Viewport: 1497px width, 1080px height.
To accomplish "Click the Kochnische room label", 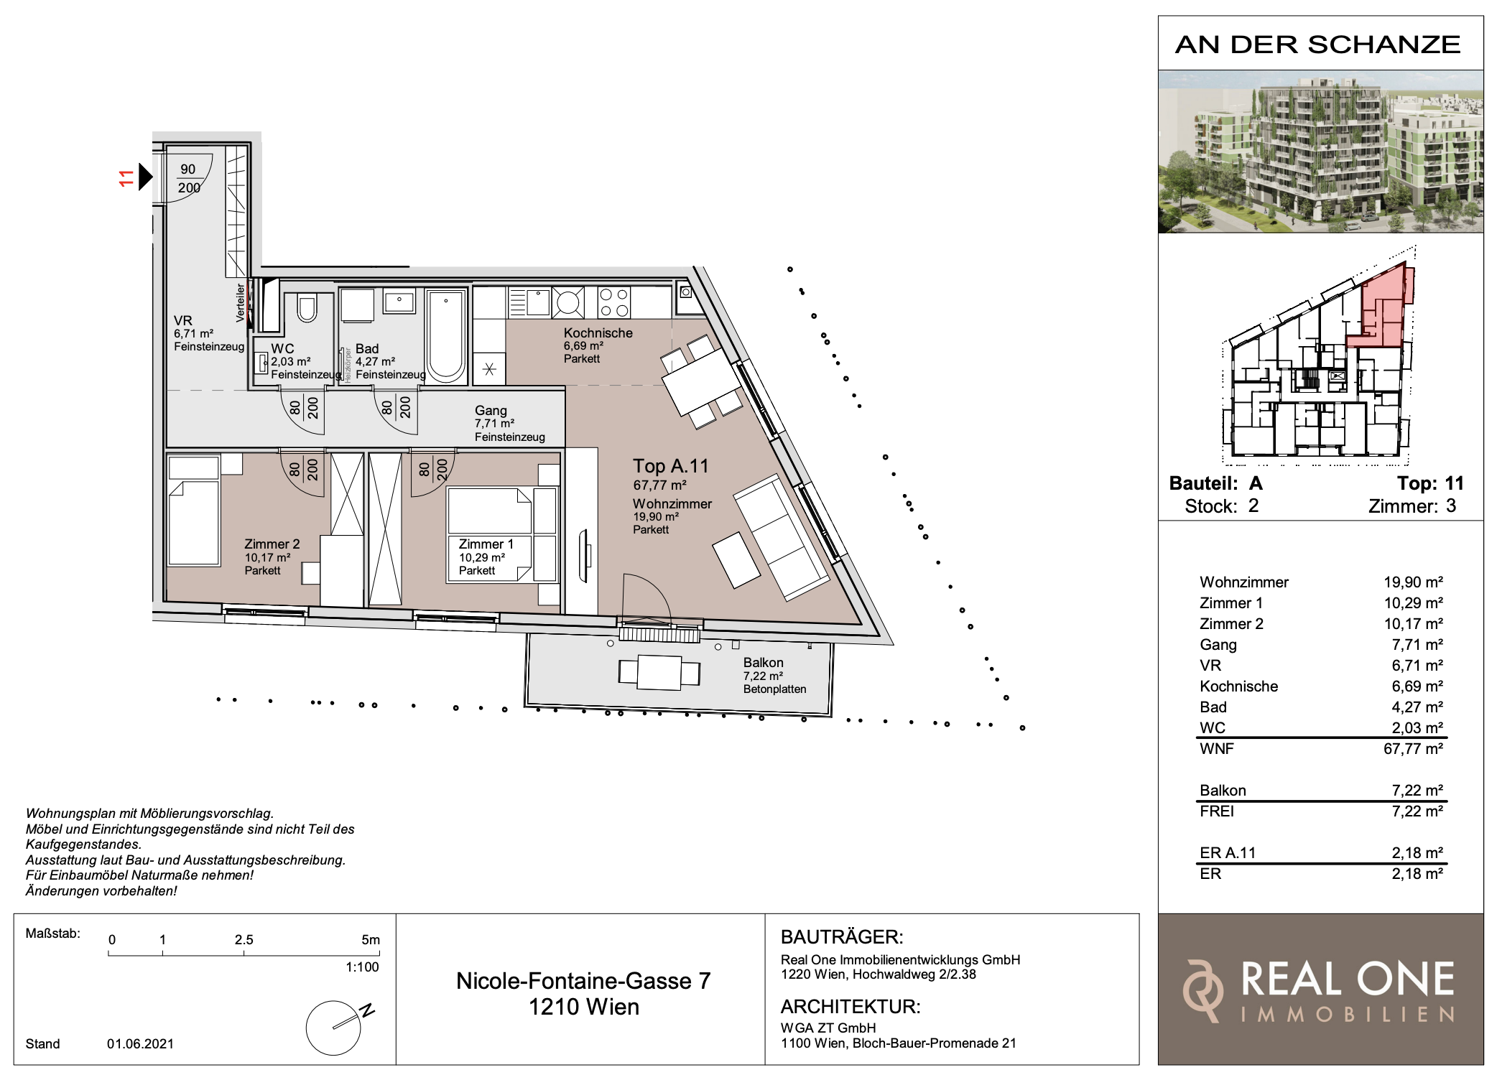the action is (x=598, y=333).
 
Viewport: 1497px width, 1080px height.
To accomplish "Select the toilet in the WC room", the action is (x=307, y=307).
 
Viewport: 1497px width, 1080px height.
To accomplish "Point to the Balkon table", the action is (x=659, y=673).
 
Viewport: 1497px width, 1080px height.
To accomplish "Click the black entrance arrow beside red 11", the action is (x=145, y=177).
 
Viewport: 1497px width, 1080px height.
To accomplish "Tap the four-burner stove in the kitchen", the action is (x=614, y=302).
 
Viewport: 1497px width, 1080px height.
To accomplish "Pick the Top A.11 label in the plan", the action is (x=670, y=466).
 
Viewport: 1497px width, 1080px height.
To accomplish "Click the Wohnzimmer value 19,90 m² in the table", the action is (x=1413, y=582).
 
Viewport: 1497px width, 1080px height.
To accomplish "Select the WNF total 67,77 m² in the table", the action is (x=1413, y=749).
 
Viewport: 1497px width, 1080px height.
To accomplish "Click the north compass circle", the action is (x=333, y=1028).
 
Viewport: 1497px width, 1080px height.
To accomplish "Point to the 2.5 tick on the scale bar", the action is (x=244, y=952).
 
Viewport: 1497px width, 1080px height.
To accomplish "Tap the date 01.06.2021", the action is (x=140, y=1044).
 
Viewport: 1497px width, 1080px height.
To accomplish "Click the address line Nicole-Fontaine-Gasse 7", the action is (x=583, y=981).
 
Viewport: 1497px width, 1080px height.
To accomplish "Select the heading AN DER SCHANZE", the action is (x=1318, y=45).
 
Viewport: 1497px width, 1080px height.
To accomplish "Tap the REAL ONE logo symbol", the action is (x=1203, y=991).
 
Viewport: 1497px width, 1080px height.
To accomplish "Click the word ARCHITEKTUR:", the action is (x=851, y=1007).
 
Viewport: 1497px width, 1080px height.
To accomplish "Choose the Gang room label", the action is (x=491, y=411).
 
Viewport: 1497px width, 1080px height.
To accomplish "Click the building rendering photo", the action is (x=1320, y=152).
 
